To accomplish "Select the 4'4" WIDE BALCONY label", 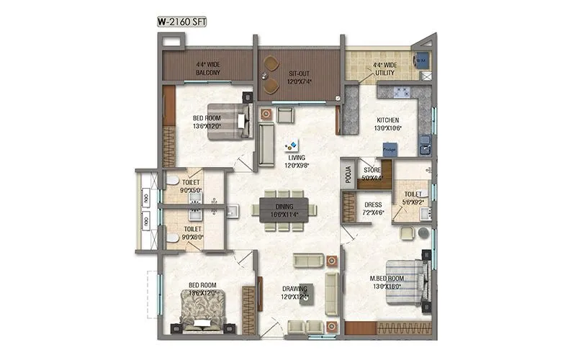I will click(207, 68).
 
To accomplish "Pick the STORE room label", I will click(372, 174).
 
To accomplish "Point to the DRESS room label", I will click(373, 209).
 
